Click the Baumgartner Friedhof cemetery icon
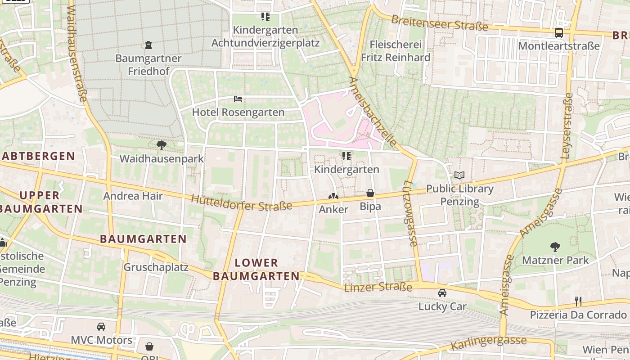[x=148, y=45]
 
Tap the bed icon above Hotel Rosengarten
[x=238, y=99]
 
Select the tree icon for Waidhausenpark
[x=161, y=145]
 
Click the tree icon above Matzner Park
[x=555, y=247]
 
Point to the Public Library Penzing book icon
[x=459, y=175]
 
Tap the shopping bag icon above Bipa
[x=370, y=193]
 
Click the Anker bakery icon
[x=333, y=196]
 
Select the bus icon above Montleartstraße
[x=558, y=32]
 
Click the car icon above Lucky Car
[x=442, y=293]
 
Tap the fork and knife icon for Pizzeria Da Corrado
[x=578, y=301]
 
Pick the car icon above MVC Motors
[x=101, y=326]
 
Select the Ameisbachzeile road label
[x=373, y=112]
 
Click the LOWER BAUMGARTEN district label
[x=256, y=269]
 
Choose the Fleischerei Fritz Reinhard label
[x=396, y=51]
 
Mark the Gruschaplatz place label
[x=156, y=267]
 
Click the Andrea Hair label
[x=133, y=196]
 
